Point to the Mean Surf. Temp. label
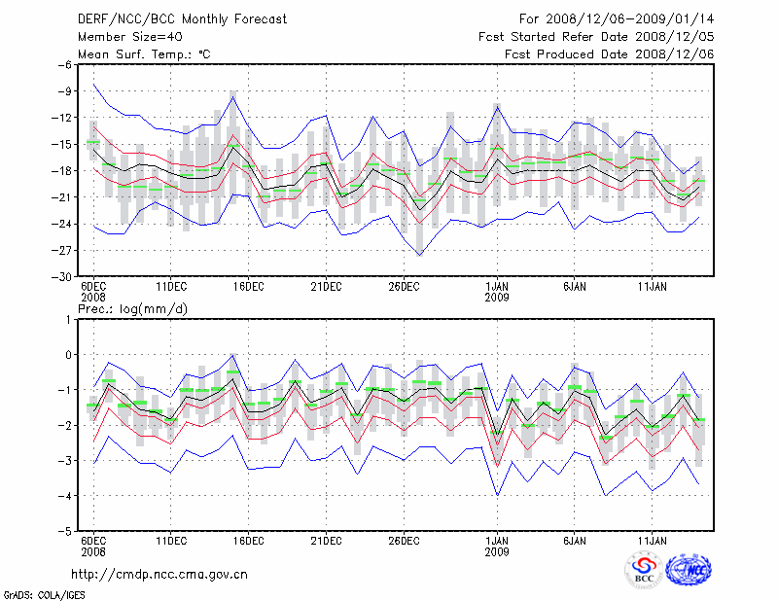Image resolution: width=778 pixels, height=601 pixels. tap(144, 54)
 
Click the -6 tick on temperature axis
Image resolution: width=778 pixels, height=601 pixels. tap(64, 64)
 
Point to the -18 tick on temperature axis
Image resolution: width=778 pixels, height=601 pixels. tap(61, 171)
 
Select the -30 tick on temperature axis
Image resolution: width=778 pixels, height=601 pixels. tap(61, 277)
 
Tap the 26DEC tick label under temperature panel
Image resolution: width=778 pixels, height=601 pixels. tap(404, 286)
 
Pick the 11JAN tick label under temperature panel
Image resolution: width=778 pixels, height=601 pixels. tap(653, 286)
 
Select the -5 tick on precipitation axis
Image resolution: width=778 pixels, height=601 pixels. tap(65, 533)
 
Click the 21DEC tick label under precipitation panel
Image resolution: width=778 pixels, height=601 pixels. tap(326, 540)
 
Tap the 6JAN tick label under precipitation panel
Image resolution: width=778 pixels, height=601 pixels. tap(575, 540)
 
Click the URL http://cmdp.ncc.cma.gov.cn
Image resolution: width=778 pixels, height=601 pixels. tap(160, 574)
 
